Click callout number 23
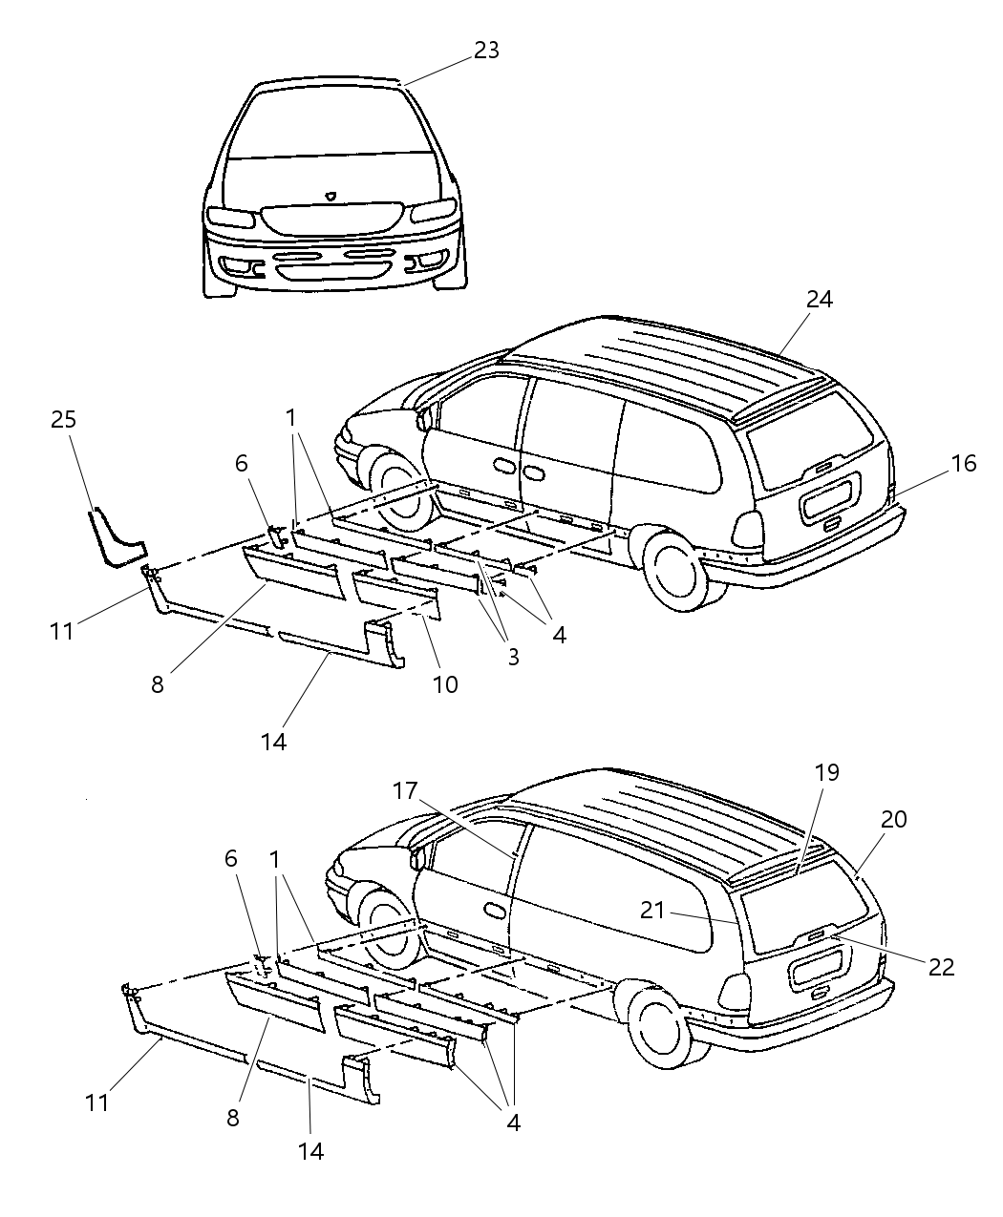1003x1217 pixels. [486, 50]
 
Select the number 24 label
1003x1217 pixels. [819, 300]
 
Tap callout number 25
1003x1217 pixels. [64, 419]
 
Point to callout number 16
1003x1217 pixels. [964, 464]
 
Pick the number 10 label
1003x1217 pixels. [445, 683]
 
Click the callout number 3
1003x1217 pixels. [513, 657]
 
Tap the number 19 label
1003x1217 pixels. [826, 772]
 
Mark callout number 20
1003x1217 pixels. [894, 819]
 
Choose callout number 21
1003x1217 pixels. [652, 911]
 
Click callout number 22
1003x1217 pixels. [941, 967]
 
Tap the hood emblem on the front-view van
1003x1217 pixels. [331, 195]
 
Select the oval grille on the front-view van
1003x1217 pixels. [331, 219]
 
